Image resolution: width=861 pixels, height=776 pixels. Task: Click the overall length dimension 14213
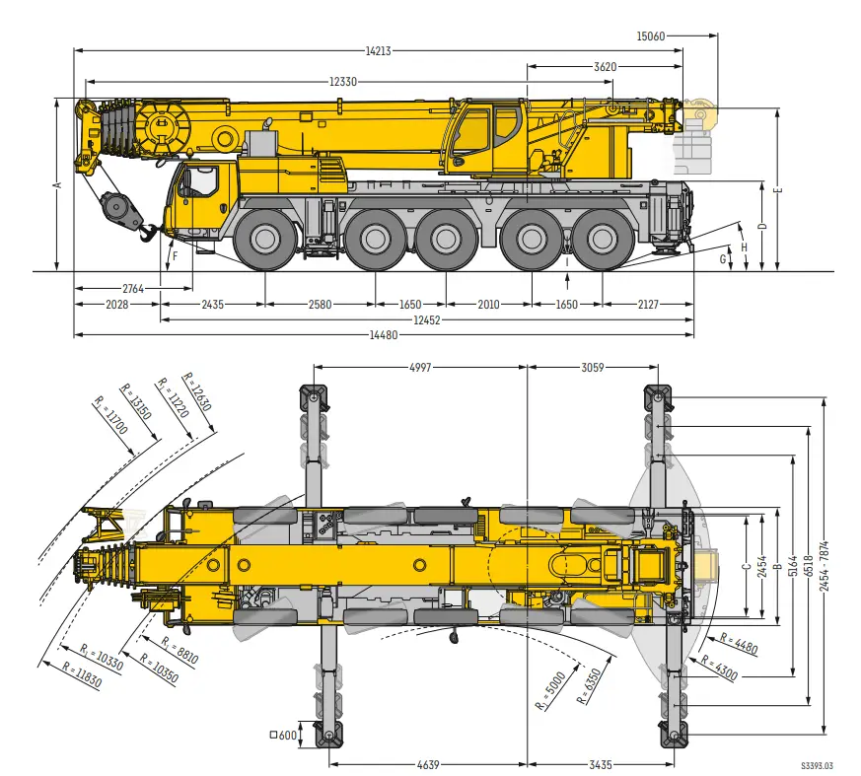point(379,51)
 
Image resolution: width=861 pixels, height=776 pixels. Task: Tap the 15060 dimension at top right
point(651,36)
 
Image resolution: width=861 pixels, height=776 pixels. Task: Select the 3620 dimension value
point(606,67)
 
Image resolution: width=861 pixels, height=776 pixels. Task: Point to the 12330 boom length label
point(343,82)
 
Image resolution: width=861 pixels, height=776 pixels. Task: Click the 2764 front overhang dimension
point(133,288)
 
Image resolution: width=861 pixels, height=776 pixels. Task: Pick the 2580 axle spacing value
point(321,304)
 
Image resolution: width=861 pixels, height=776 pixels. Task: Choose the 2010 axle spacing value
point(489,304)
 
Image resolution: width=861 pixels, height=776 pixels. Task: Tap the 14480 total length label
point(384,335)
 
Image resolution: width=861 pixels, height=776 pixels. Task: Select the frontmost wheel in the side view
point(265,239)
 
